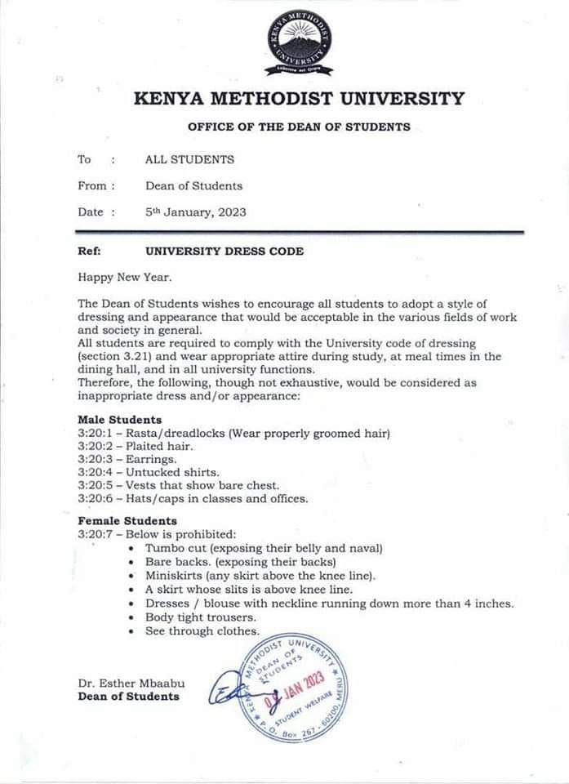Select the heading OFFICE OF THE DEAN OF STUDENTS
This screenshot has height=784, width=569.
299,127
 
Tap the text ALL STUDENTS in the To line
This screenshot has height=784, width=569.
189,159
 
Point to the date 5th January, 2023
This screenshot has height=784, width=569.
195,212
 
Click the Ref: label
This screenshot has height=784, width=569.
89,252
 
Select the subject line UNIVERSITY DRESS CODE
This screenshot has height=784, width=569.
224,252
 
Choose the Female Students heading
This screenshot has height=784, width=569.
127,520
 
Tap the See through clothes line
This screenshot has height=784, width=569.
202,631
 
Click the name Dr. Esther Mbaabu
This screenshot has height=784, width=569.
128,683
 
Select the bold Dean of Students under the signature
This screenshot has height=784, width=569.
128,696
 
